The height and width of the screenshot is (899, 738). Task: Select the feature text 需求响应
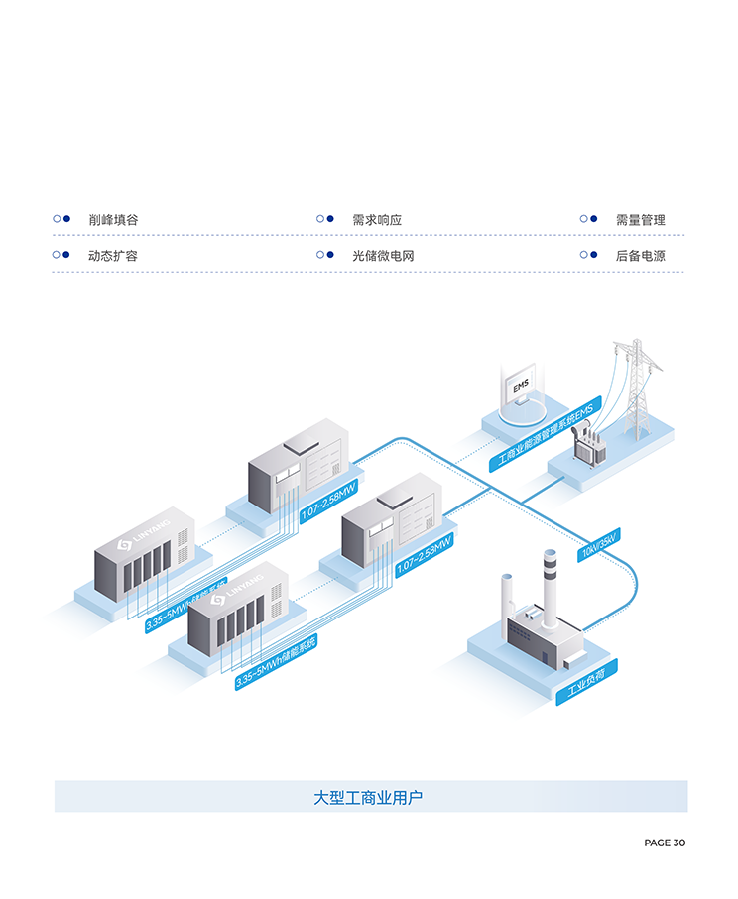click(x=376, y=219)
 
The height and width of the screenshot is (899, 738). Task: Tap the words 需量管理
click(x=640, y=219)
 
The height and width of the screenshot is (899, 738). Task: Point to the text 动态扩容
click(x=112, y=255)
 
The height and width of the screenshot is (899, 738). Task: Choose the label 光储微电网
click(x=382, y=255)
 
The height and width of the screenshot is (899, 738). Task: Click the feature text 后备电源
click(x=640, y=255)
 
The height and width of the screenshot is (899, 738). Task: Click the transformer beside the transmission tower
click(x=594, y=443)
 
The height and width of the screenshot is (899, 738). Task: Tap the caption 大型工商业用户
click(x=369, y=797)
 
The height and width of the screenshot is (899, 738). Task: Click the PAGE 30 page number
click(x=665, y=843)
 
